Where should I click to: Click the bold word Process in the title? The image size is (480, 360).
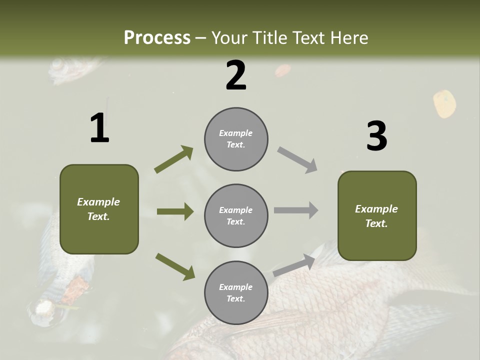click(157, 38)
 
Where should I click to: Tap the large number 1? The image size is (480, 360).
click(99, 128)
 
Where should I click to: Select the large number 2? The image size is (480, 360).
click(236, 75)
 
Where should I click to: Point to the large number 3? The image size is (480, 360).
click(376, 136)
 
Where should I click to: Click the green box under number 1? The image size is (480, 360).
click(99, 209)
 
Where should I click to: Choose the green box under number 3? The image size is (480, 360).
click(377, 215)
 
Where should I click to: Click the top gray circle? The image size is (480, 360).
click(236, 139)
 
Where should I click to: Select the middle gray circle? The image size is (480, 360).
click(236, 215)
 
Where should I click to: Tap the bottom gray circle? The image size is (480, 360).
click(236, 292)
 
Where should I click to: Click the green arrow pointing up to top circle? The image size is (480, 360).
click(174, 159)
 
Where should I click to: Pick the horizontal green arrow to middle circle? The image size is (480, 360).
click(175, 211)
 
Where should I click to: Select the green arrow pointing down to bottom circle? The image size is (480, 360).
click(175, 266)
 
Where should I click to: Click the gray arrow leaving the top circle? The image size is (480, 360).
click(297, 160)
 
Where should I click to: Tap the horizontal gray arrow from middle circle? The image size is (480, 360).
click(296, 210)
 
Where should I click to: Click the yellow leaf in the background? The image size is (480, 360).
click(444, 103)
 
